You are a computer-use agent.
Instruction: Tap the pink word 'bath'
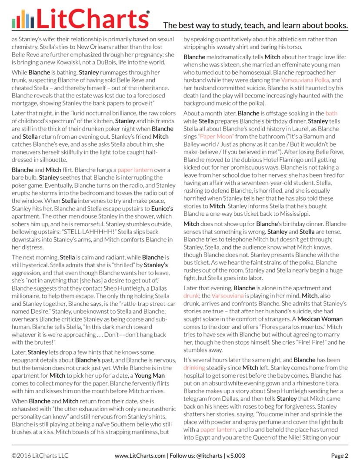[x=331, y=113]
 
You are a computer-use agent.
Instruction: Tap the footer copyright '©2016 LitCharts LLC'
[x=40, y=456]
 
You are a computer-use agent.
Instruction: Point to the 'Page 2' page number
[x=340, y=456]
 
